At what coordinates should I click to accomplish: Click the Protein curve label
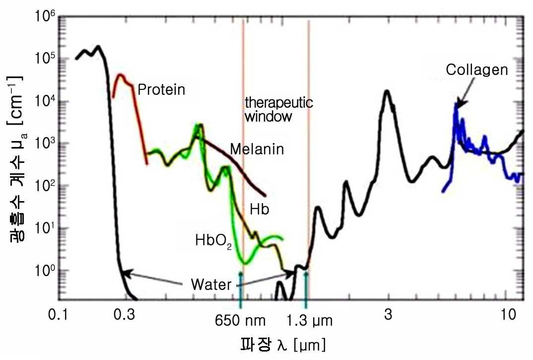click(x=161, y=89)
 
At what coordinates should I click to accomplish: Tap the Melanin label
click(x=257, y=149)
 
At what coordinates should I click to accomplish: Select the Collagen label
click(x=477, y=70)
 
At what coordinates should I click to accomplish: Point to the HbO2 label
click(x=213, y=241)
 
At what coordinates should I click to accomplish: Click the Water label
click(x=211, y=285)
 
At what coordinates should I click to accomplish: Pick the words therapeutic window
click(x=279, y=109)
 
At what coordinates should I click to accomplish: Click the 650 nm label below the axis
click(x=240, y=321)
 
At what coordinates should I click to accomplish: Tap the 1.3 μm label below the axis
click(x=309, y=321)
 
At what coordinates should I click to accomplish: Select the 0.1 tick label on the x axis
click(x=58, y=314)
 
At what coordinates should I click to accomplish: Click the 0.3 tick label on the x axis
click(x=125, y=314)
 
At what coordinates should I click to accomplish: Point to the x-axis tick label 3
click(x=388, y=314)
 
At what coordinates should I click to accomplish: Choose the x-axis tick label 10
click(x=509, y=314)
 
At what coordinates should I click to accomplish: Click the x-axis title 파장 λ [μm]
click(x=283, y=345)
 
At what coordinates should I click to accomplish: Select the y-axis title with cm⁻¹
click(x=16, y=159)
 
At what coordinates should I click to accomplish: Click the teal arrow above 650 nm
click(x=241, y=290)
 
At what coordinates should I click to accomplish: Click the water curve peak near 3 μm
click(x=387, y=91)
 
